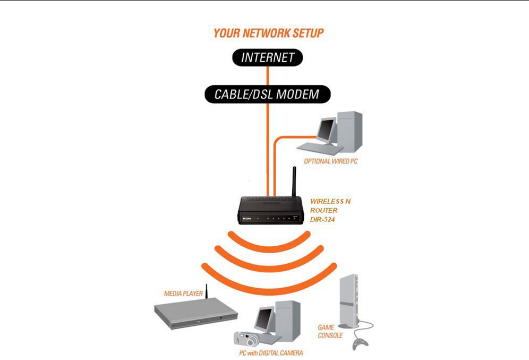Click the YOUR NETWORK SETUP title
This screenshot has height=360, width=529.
coord(268,34)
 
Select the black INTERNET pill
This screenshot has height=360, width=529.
coord(268,58)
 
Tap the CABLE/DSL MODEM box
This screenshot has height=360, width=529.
coord(268,94)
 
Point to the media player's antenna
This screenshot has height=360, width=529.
coord(206,291)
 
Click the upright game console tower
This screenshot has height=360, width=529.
coord(349,301)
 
